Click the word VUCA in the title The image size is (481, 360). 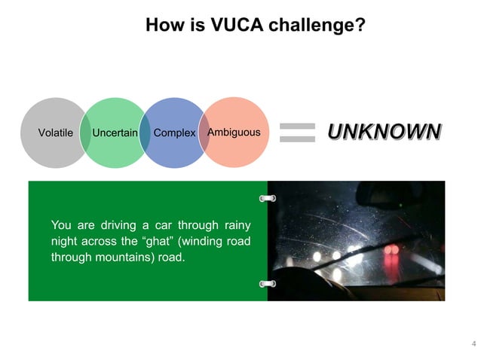[214, 26]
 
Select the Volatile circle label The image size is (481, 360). [55, 133]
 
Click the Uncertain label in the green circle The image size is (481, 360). [115, 133]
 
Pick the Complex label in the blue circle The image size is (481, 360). [174, 133]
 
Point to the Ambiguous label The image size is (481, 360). [234, 133]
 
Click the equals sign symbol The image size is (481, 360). [297, 133]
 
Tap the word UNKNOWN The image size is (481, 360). [383, 132]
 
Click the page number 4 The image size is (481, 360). [473, 344]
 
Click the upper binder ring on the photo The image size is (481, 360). [267, 198]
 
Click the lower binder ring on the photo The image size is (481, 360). [267, 284]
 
